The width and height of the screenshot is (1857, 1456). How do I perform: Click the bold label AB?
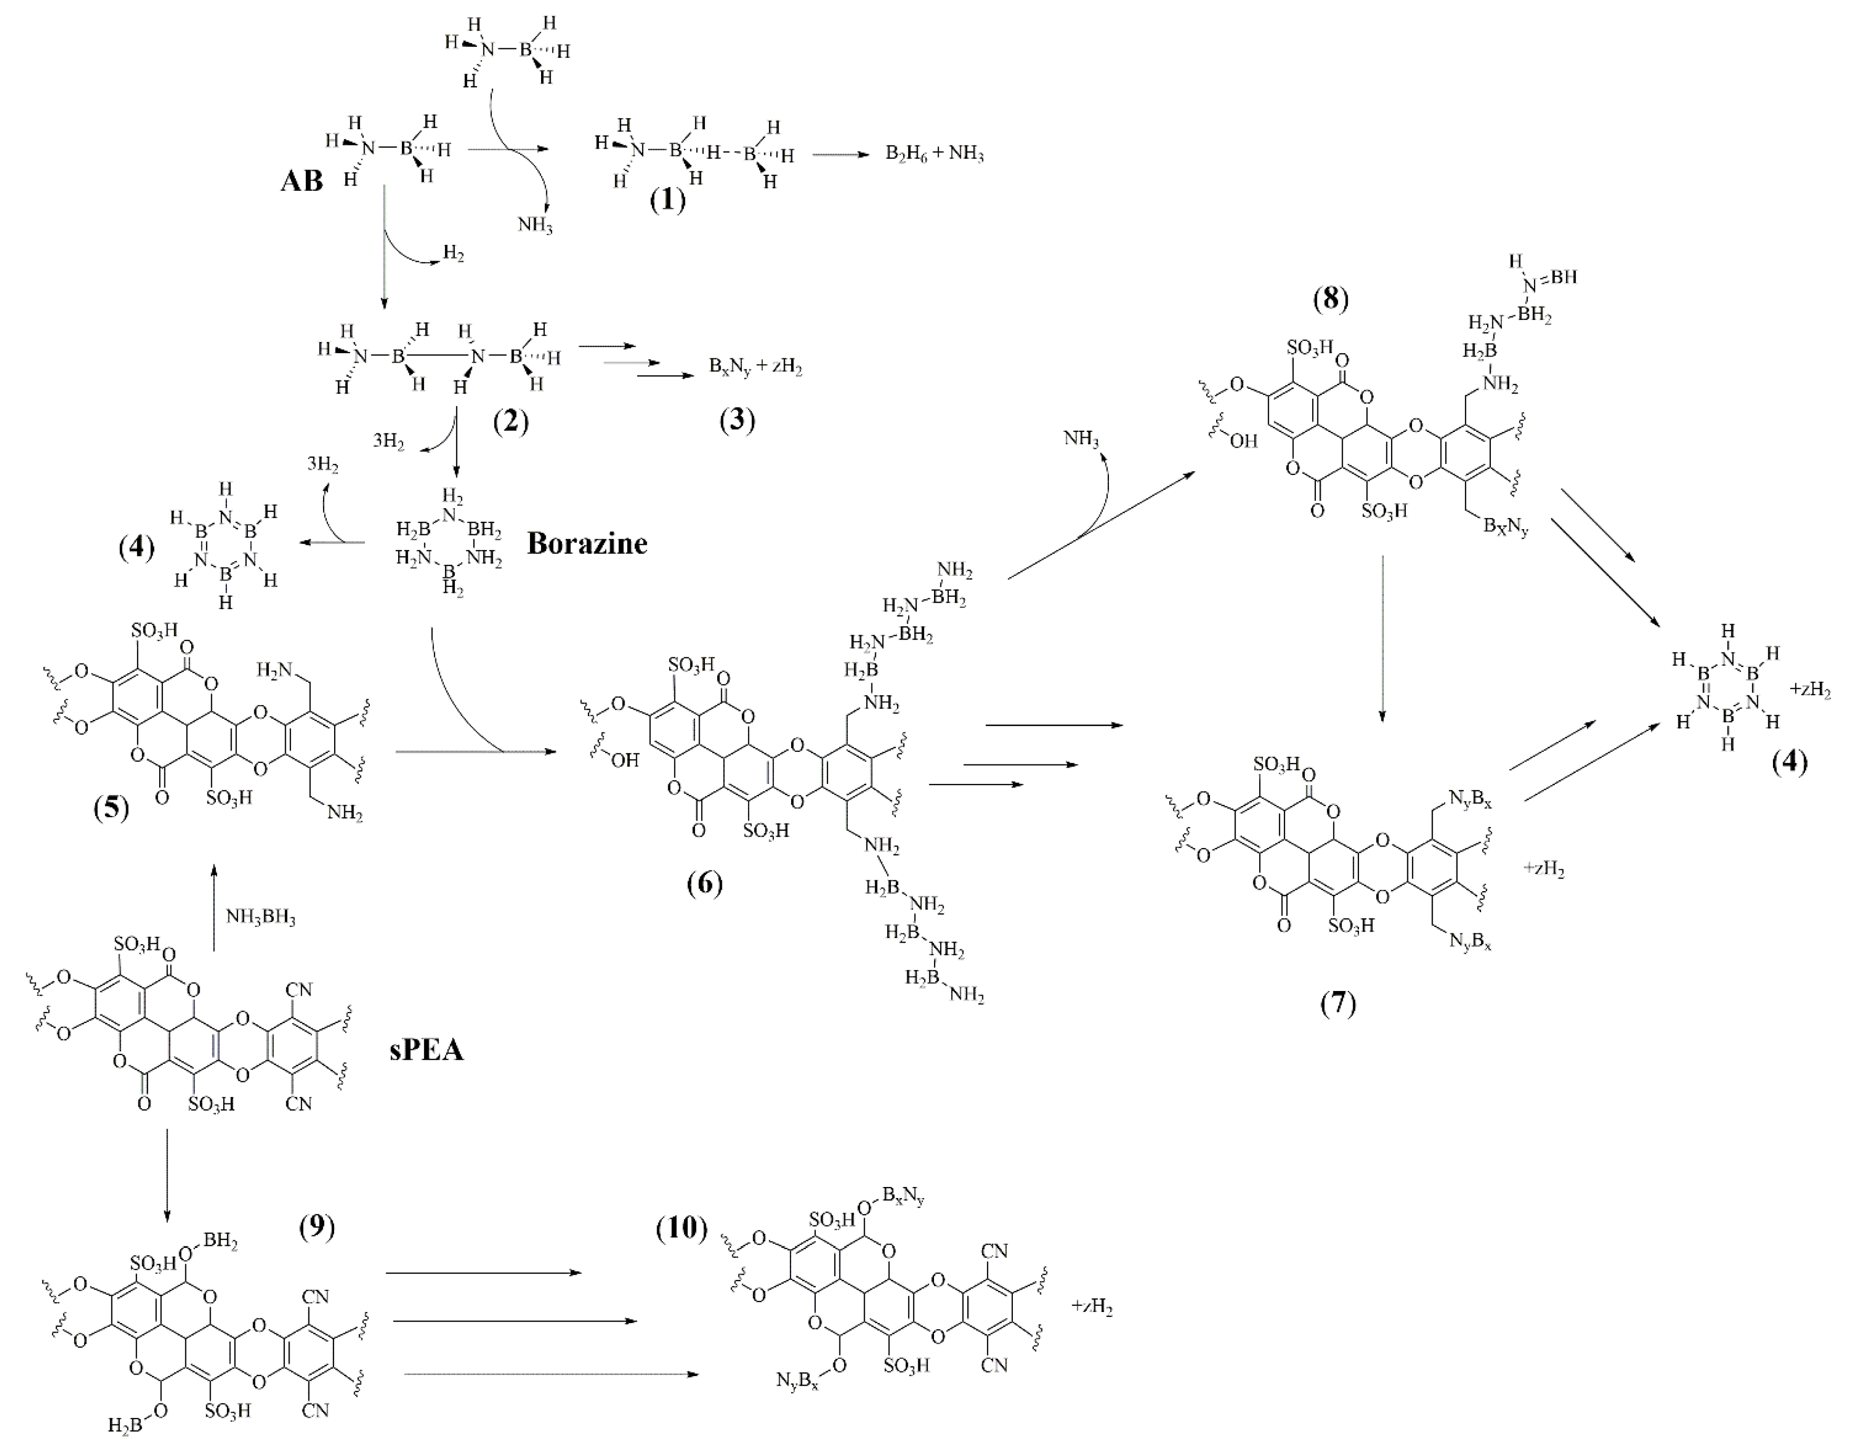tap(302, 182)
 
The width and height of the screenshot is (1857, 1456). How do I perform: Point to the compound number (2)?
tap(511, 420)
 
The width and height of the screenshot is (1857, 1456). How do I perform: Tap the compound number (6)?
tap(704, 884)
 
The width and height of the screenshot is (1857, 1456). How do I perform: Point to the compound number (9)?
tap(317, 1227)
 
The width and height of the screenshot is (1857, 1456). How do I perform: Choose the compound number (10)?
tap(682, 1227)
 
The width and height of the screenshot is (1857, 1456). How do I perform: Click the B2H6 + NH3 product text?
tap(935, 155)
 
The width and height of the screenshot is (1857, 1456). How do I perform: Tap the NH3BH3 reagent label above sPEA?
tap(261, 917)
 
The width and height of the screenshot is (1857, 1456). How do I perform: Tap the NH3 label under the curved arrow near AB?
tap(535, 225)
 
